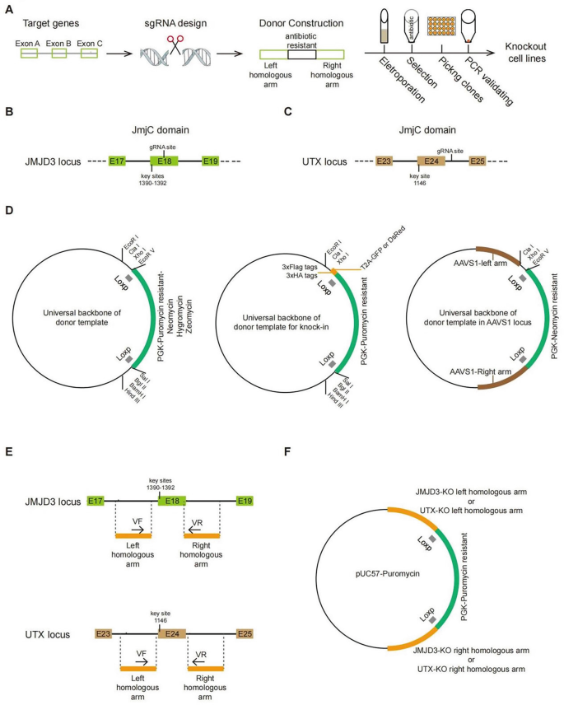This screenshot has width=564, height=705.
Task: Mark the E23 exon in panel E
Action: point(103,634)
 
